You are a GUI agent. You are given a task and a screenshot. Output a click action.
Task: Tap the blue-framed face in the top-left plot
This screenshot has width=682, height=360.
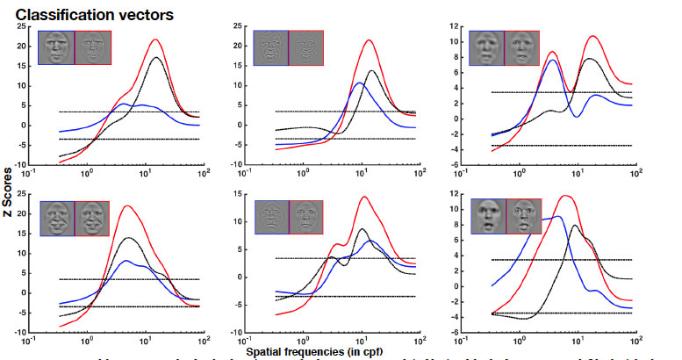[58, 46]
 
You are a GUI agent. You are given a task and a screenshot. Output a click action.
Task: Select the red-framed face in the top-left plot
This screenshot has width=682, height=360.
[90, 46]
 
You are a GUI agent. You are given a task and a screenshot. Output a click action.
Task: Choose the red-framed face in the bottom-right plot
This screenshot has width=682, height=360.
[524, 217]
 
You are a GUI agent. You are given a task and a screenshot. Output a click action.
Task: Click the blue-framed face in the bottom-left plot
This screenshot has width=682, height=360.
[57, 217]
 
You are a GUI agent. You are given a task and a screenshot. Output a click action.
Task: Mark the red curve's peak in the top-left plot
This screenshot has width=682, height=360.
[155, 40]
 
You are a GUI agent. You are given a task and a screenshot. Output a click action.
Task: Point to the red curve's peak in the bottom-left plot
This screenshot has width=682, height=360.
[128, 205]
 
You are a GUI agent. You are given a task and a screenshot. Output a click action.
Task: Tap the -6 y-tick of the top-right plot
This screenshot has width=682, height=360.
[455, 164]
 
